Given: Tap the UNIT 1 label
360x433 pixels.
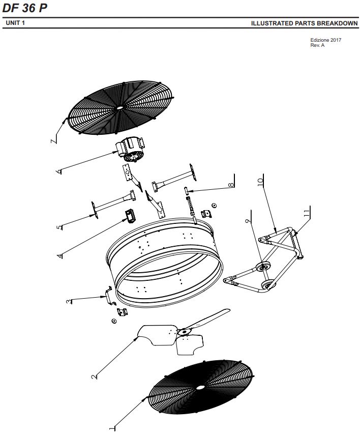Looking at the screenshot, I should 15,23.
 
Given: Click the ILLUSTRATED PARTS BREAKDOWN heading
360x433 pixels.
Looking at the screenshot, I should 304,24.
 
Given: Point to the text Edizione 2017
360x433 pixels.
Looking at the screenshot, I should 325,40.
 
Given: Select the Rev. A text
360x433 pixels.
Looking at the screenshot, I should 317,45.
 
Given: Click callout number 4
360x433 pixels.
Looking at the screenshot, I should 60,255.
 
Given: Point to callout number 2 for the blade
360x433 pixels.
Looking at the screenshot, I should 94,377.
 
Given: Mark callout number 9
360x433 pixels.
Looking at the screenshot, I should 248,221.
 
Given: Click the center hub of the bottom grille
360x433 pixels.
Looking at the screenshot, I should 200,387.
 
